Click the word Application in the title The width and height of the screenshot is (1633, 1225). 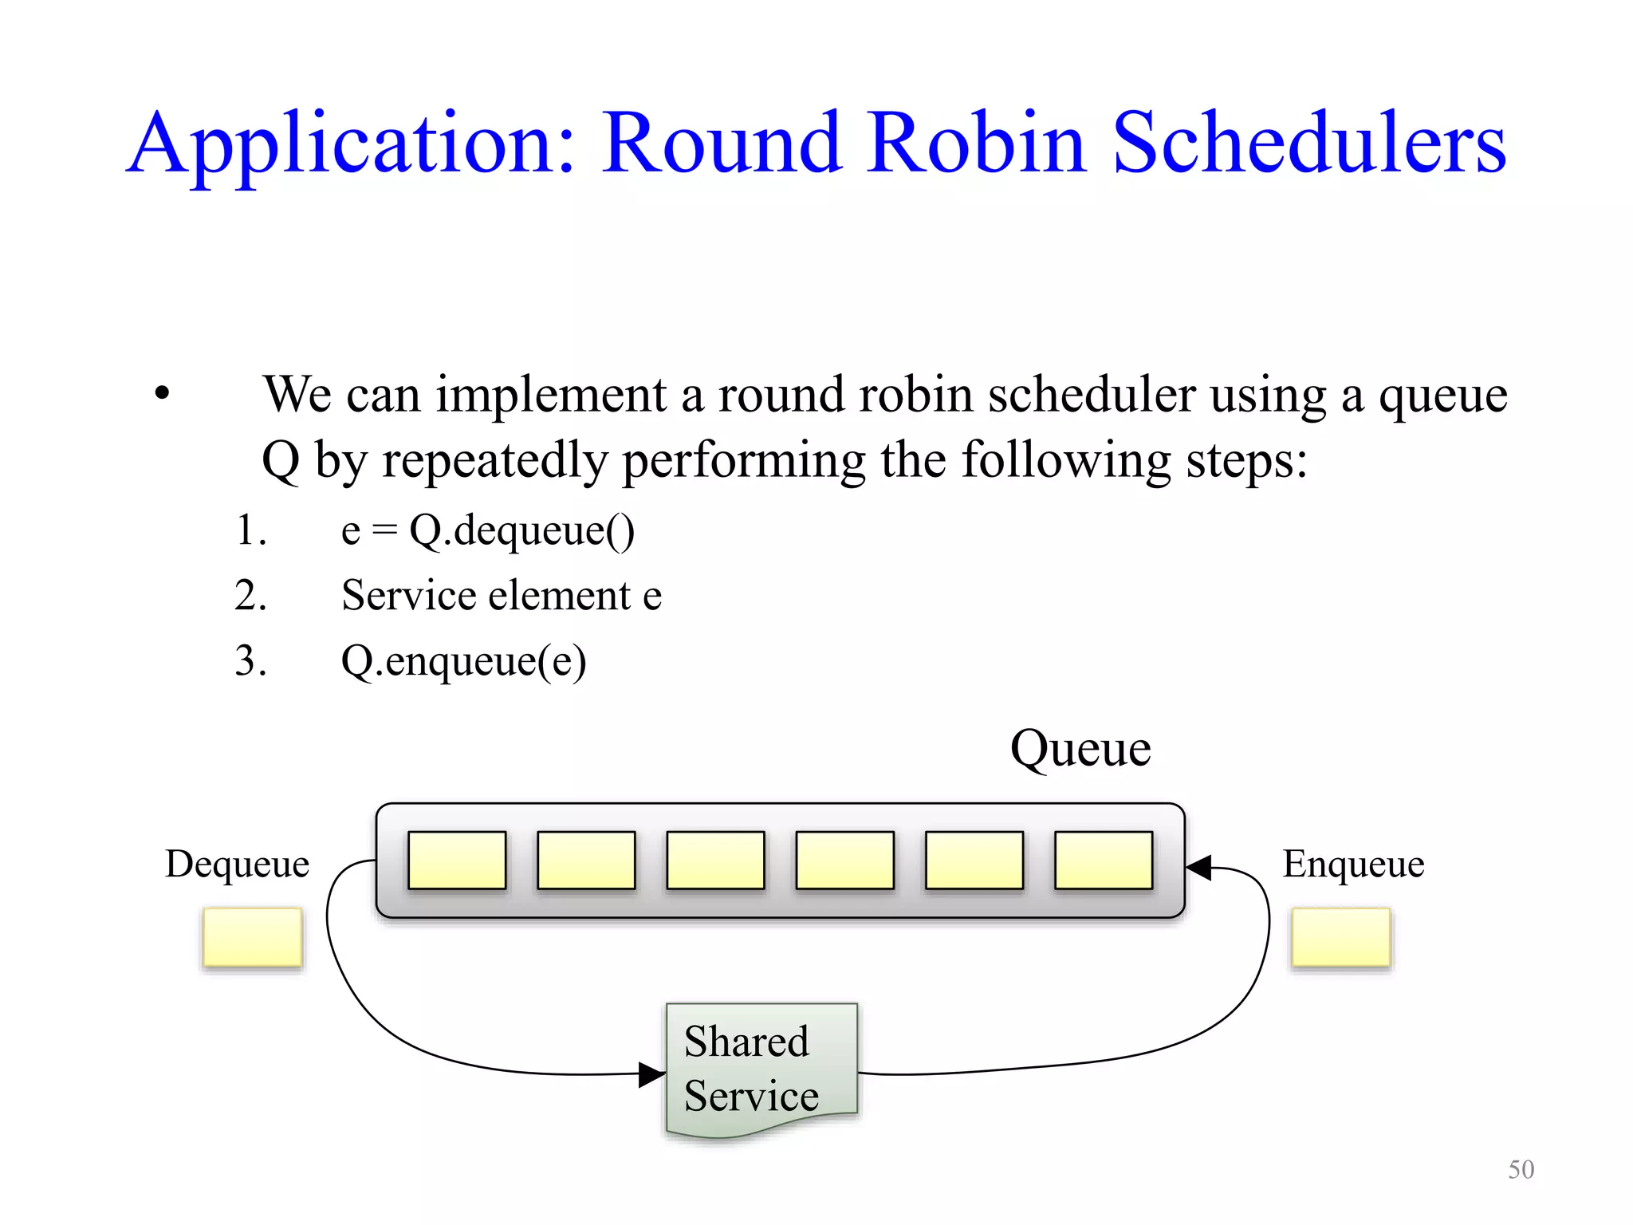351,144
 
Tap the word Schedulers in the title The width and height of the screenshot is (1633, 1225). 1308,144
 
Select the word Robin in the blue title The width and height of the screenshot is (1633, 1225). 976,144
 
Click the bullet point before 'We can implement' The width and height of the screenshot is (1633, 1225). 163,393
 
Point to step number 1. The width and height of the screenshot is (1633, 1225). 250,530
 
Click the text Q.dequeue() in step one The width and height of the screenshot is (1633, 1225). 521,531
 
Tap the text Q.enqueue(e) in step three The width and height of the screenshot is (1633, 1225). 463,661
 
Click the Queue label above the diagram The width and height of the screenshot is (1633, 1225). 1080,749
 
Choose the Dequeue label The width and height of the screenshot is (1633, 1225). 237,864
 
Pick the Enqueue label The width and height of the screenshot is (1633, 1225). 1353,864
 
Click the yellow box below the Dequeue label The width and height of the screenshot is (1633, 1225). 253,937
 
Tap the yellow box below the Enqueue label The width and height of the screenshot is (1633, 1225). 1341,937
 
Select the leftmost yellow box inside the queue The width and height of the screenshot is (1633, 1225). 457,860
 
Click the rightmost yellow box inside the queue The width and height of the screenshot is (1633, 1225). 1104,860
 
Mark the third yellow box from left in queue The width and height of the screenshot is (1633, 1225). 715,860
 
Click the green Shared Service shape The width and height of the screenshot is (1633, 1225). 761,1067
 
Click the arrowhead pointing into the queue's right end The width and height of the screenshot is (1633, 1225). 1199,867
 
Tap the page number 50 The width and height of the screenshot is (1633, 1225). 1521,1169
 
